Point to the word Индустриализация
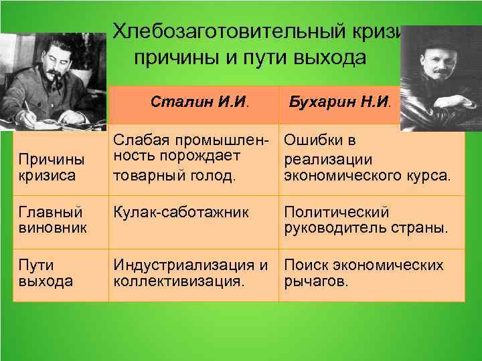click(x=183, y=266)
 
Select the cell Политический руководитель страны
click(x=366, y=221)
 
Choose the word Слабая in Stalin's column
click(x=137, y=141)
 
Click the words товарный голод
click(x=175, y=176)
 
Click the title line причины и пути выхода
click(x=250, y=58)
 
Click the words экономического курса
click(x=367, y=176)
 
